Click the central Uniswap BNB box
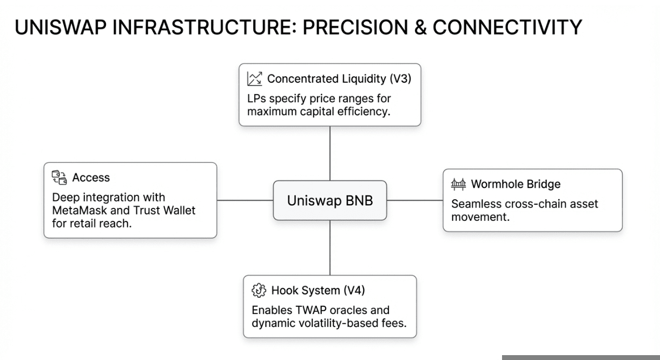coord(329,200)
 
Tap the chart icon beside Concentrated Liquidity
coord(254,79)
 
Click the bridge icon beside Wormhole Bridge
coord(458,184)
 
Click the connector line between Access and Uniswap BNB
coord(245,200)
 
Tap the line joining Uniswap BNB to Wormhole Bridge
coord(415,200)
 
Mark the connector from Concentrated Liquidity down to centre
coord(330,153)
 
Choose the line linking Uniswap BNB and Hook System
coord(330,247)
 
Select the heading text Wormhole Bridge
coord(516,184)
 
